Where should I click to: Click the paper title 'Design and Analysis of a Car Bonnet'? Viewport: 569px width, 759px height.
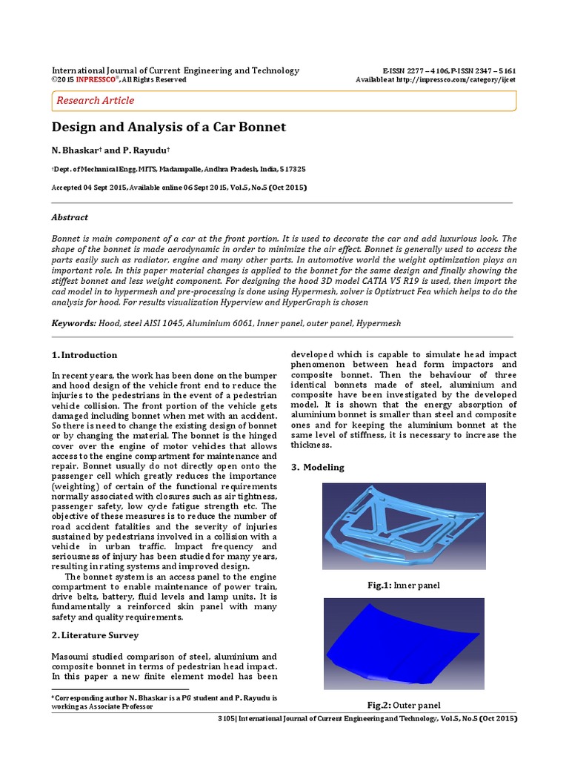click(168, 127)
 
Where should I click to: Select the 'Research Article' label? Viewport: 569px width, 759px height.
click(96, 100)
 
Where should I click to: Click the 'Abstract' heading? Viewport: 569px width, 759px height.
click(70, 217)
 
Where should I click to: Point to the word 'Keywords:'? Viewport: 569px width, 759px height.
click(73, 324)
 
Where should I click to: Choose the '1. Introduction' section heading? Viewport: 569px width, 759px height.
click(84, 355)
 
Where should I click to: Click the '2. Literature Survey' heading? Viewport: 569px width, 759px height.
click(95, 635)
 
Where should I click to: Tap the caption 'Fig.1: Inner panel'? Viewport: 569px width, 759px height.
click(404, 586)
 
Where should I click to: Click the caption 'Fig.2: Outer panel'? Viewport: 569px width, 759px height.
click(404, 704)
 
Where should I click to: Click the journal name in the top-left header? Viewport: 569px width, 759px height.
click(175, 70)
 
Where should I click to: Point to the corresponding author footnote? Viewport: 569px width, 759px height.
click(164, 702)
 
